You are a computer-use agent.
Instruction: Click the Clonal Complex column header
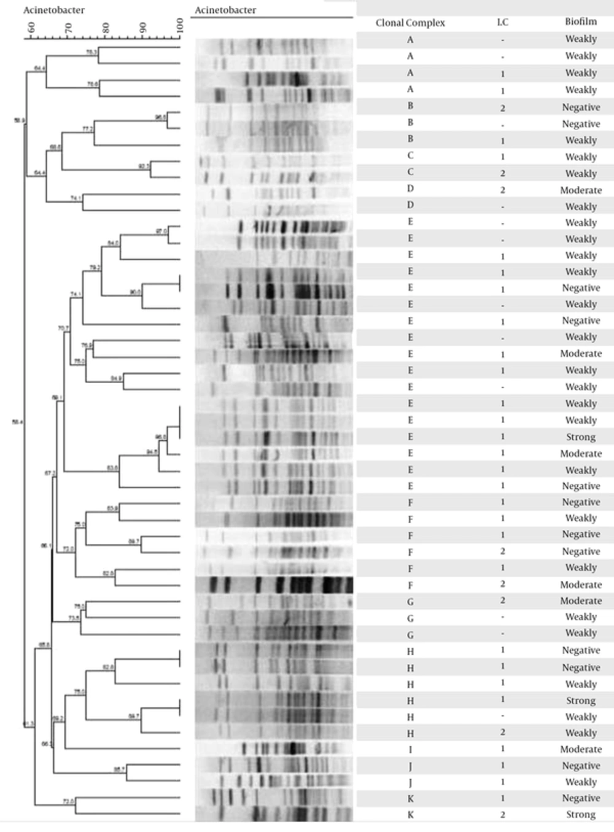(x=410, y=23)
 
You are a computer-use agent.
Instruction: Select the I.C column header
(x=502, y=22)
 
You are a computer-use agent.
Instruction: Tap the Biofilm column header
(x=580, y=21)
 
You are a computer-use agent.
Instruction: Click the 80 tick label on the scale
(x=106, y=28)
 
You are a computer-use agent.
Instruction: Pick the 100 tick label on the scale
(x=179, y=26)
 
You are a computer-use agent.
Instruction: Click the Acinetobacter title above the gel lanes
(x=225, y=10)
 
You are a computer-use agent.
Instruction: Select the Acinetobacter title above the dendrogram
(x=54, y=10)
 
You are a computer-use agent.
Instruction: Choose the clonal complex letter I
(x=410, y=749)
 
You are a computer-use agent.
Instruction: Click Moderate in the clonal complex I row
(x=580, y=749)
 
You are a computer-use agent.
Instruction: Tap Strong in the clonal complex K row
(x=580, y=814)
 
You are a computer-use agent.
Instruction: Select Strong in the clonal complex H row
(x=580, y=700)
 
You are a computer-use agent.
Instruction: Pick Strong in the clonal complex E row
(x=580, y=437)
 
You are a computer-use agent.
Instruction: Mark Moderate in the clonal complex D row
(x=580, y=190)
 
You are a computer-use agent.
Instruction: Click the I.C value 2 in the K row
(x=502, y=814)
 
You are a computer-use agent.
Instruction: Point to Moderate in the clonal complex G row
(x=580, y=601)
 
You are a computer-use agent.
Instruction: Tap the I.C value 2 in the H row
(x=502, y=732)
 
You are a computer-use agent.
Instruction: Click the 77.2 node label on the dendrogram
(x=87, y=129)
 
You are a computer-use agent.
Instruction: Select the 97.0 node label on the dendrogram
(x=161, y=231)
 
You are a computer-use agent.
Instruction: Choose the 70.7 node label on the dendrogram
(x=63, y=329)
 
